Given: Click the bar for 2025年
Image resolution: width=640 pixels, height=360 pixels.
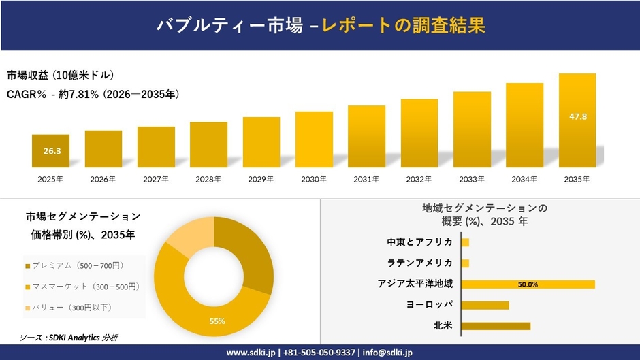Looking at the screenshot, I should point(50,151).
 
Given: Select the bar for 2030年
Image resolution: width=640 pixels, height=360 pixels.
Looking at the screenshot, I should point(314,140).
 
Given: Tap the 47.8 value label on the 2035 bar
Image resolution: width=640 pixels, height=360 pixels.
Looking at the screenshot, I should point(577,116).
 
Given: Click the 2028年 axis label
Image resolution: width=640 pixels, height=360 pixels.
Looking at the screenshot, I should point(208,180).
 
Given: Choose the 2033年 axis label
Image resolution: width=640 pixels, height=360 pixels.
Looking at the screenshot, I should point(472,180).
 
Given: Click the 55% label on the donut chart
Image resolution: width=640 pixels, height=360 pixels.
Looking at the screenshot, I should point(217,321).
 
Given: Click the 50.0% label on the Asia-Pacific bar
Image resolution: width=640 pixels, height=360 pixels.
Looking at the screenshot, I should point(528,284).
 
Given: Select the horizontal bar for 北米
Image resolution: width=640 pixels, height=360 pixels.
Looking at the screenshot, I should point(496,326).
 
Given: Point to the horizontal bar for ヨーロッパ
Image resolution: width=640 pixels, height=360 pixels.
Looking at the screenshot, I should point(485,305).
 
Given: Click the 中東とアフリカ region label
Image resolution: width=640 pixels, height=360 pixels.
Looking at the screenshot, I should point(419,242).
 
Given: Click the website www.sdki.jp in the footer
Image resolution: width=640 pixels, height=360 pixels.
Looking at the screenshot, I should point(250,353).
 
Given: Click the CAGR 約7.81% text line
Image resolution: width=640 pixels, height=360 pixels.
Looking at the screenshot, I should point(93,95).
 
